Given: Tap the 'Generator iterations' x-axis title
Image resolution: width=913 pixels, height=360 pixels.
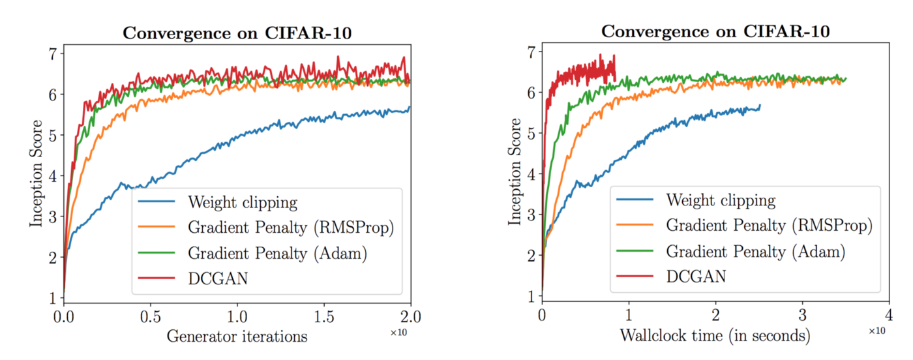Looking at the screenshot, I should (237, 337).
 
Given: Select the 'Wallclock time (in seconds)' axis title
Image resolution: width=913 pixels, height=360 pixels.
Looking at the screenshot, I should (715, 336).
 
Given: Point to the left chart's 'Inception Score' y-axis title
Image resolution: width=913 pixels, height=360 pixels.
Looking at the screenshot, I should (38, 173).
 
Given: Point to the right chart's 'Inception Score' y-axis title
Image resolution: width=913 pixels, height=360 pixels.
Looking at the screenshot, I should (516, 172).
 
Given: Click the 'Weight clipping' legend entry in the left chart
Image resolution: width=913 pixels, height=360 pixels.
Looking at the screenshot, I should (242, 202).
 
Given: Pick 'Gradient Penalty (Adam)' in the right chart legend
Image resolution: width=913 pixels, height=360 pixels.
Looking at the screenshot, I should (756, 251).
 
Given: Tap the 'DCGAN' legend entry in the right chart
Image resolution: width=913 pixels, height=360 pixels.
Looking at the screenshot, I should (696, 277).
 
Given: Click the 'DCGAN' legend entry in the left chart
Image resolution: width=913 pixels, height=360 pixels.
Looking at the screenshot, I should (218, 278).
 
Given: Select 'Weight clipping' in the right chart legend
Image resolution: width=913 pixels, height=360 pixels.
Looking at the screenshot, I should (721, 200).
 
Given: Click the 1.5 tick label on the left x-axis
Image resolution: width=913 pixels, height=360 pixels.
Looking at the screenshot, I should (324, 317).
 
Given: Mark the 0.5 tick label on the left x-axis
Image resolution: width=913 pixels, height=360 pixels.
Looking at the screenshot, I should (151, 317).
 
